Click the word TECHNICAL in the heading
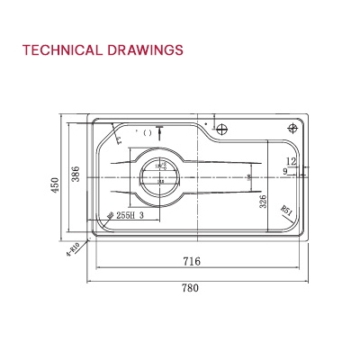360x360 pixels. pyautogui.click(x=59, y=49)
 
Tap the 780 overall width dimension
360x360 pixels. pyautogui.click(x=190, y=288)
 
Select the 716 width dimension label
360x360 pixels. pyautogui.click(x=191, y=262)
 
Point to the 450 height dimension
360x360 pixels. pyautogui.click(x=55, y=185)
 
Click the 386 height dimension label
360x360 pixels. pyautogui.click(x=76, y=175)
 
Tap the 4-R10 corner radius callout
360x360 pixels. pyautogui.click(x=74, y=248)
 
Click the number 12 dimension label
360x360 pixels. pyautogui.click(x=291, y=161)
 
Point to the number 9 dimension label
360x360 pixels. pyautogui.click(x=284, y=171)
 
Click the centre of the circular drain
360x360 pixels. pyautogui.click(x=161, y=175)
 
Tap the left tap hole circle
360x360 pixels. pyautogui.click(x=222, y=127)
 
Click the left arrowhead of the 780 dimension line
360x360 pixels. pyautogui.click(x=90, y=278)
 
